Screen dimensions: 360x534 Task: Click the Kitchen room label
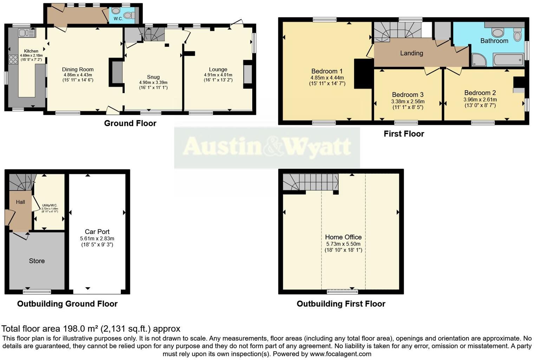click(x=31, y=51)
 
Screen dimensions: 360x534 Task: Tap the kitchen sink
click(x=27, y=33)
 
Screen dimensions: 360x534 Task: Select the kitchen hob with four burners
click(x=13, y=60)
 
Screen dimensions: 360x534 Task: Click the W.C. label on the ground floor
click(x=118, y=19)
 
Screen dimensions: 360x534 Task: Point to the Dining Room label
click(x=78, y=69)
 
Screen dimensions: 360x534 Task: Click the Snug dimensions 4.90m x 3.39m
click(x=153, y=83)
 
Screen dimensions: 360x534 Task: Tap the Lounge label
click(x=218, y=69)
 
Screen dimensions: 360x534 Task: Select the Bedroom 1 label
click(x=327, y=71)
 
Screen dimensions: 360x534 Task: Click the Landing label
click(x=411, y=53)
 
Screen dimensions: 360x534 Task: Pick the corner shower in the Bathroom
click(x=479, y=60)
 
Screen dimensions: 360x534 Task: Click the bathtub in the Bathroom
click(x=508, y=60)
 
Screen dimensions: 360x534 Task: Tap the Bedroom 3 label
click(x=408, y=94)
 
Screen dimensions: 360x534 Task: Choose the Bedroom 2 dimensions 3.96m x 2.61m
click(x=480, y=99)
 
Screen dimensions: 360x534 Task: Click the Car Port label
click(x=97, y=231)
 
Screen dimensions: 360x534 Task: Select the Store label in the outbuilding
click(x=37, y=261)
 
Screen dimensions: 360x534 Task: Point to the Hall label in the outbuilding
click(x=20, y=202)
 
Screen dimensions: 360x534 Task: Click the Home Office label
click(x=343, y=237)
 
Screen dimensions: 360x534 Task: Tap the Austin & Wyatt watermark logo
click(x=267, y=147)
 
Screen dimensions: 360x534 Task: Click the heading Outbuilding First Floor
click(x=341, y=304)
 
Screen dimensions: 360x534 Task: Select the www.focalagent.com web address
click(x=340, y=354)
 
